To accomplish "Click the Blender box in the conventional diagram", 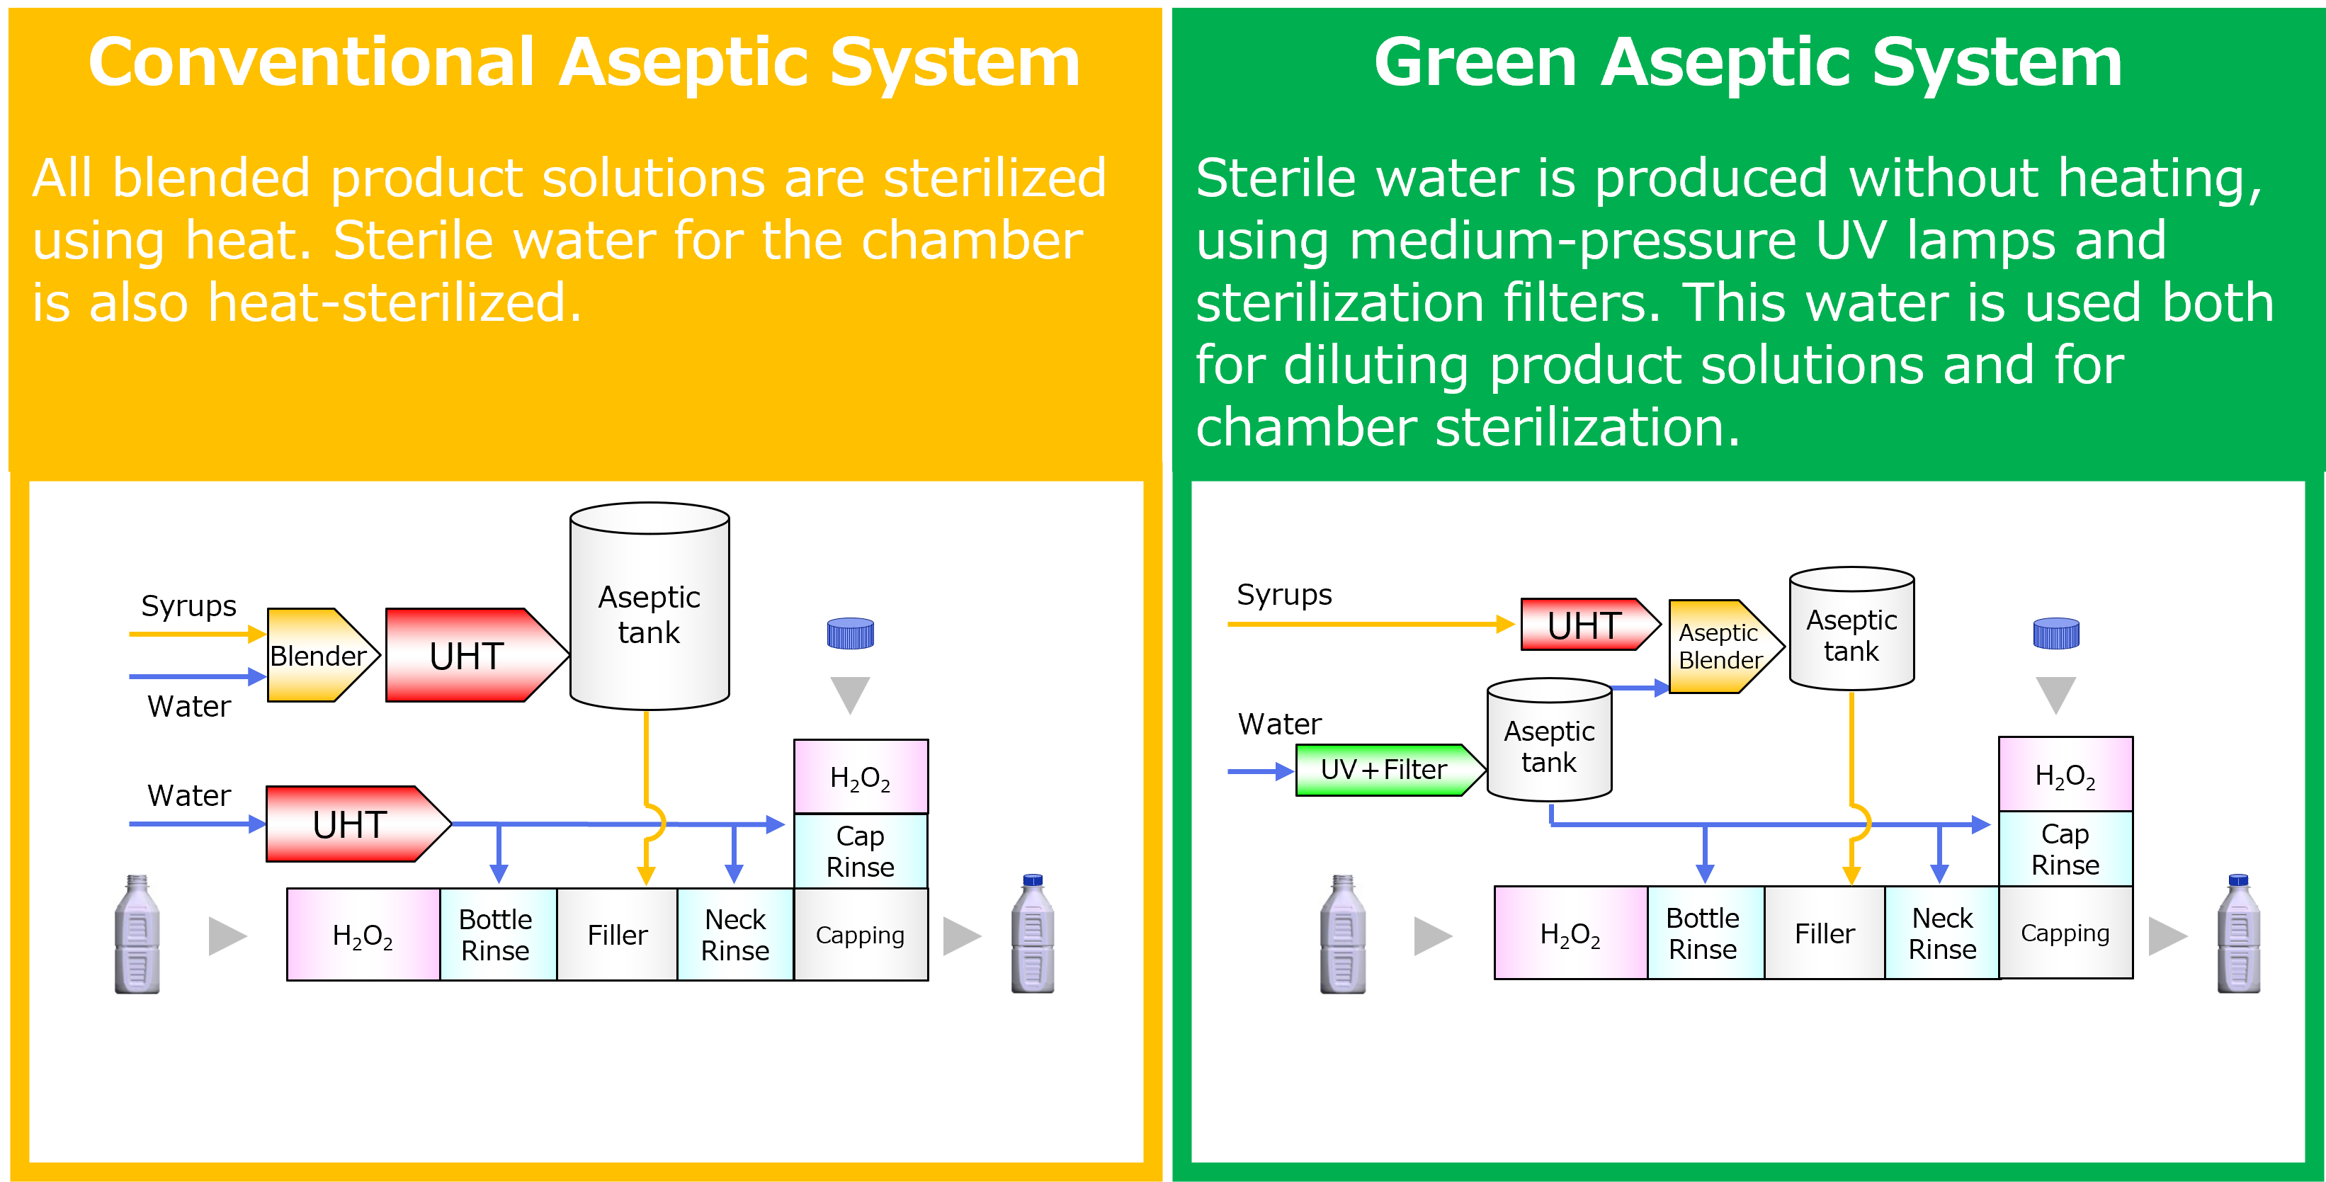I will tap(319, 656).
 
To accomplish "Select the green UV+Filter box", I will tap(1383, 769).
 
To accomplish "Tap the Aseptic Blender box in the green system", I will tap(1719, 647).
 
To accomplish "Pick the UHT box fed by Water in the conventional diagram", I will tap(351, 824).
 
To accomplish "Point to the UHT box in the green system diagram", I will tap(1584, 625).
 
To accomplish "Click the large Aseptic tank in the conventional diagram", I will tap(649, 614).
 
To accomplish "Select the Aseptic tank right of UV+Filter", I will tap(1548, 746).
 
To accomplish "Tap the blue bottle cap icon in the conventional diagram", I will tap(850, 634).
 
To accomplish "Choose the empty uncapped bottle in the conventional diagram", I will tap(137, 935).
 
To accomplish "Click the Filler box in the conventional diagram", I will tap(617, 935).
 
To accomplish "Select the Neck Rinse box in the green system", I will tap(1941, 933).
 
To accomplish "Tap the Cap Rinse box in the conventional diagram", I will tap(860, 851).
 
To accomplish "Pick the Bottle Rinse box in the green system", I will tap(1703, 933).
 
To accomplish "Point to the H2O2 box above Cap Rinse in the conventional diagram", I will tap(860, 778).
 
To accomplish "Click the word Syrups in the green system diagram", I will tap(1283, 594).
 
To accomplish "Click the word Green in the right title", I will tap(1475, 63).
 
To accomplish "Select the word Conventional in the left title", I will tap(312, 63).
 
